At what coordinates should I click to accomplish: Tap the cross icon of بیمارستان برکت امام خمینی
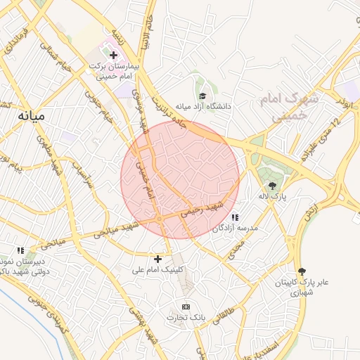point(113,54)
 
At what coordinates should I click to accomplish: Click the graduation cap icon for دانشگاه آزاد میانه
point(202,96)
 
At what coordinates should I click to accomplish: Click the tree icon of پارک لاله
point(272,186)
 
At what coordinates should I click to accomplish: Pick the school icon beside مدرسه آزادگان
point(235,218)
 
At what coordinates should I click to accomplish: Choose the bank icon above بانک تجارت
point(186,307)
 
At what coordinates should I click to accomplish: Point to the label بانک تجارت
point(184,318)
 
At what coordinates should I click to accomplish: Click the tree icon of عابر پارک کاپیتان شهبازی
point(302,271)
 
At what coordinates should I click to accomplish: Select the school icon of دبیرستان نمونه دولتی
point(21,250)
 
